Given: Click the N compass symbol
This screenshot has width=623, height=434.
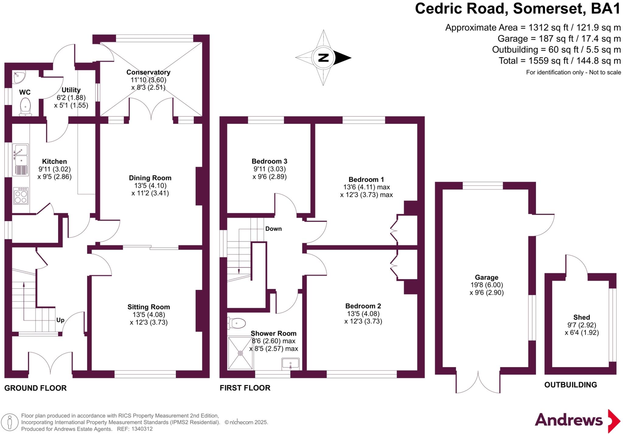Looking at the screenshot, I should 323,57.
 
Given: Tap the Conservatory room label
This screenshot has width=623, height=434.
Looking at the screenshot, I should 148,72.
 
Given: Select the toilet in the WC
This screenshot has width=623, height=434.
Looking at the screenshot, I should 25,107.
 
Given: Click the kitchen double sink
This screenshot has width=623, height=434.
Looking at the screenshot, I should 21,155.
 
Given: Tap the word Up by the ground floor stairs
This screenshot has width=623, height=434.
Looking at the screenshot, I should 60,320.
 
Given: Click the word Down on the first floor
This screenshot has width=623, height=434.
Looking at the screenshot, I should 273,229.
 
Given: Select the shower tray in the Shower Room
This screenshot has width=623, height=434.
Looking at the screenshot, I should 240,353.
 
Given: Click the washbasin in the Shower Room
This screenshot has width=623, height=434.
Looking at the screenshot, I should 290,363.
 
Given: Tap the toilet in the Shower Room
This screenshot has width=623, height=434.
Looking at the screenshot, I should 237,323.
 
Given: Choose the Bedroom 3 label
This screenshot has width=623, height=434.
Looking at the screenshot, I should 269,161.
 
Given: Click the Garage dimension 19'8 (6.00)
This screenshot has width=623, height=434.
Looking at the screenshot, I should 486,285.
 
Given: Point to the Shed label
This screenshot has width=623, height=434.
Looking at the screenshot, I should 581,317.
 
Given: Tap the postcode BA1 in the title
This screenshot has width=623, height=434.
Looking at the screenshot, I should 605,9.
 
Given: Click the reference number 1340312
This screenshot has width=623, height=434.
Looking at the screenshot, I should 142,429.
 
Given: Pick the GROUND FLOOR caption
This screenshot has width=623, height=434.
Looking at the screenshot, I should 35,388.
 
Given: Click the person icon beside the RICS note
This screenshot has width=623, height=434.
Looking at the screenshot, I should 10,422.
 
